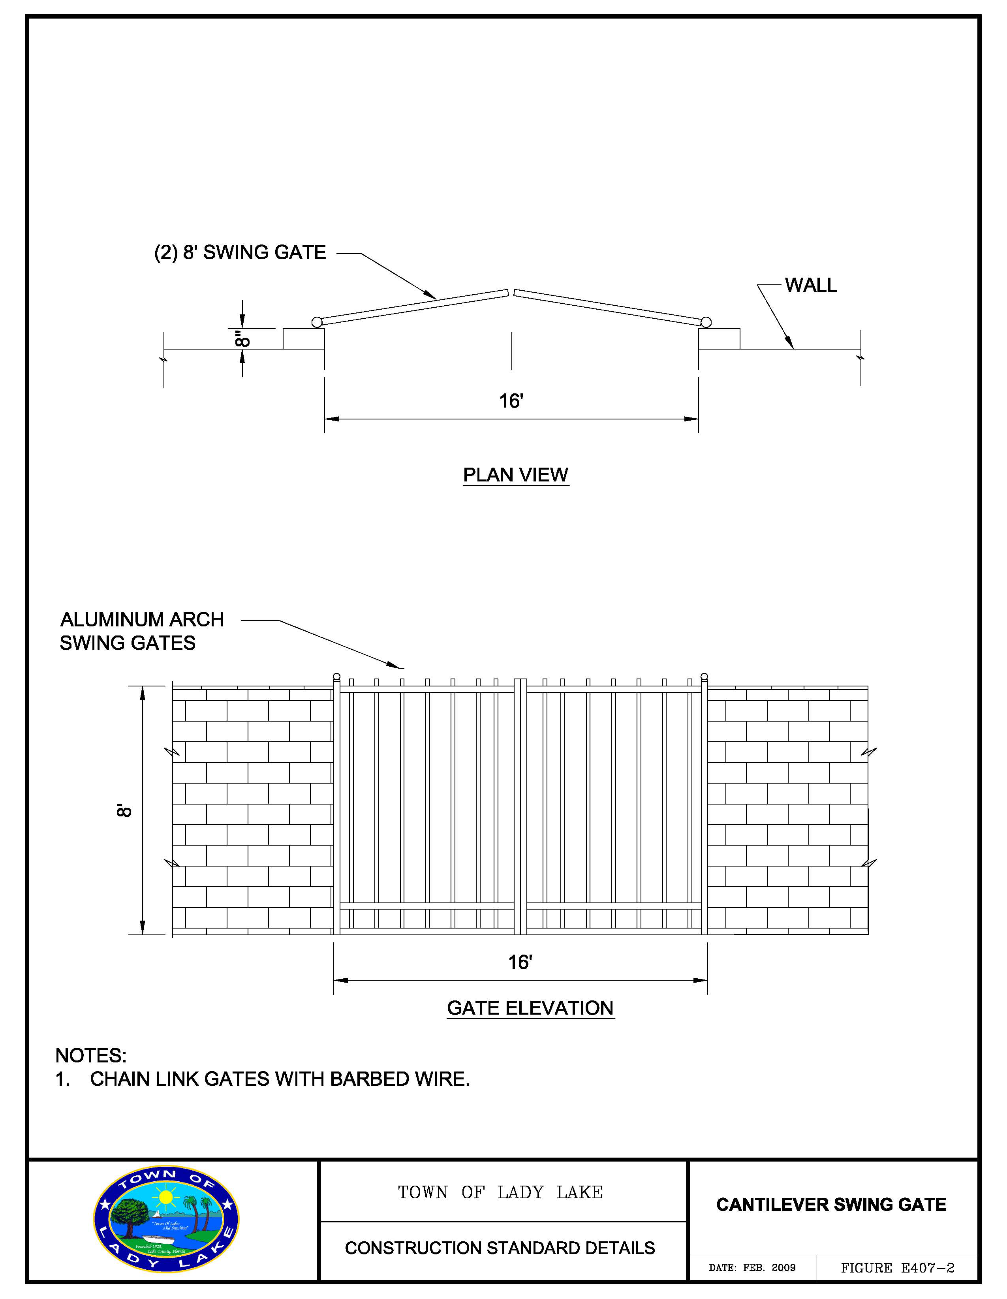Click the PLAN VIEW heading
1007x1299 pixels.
[x=515, y=475]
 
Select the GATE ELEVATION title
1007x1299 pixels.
[x=530, y=1008]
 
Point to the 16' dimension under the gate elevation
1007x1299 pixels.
[x=520, y=963]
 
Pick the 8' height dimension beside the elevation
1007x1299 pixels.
[x=124, y=811]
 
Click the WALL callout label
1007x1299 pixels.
[x=811, y=286]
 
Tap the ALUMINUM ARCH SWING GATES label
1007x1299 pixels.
[x=141, y=631]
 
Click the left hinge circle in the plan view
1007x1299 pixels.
[x=317, y=322]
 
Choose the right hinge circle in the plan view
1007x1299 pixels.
[x=706, y=322]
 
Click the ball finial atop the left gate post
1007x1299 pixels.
[x=337, y=676]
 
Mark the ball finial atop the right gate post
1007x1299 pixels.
[x=704, y=676]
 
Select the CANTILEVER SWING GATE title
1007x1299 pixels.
[x=831, y=1205]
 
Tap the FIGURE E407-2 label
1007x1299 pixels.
[x=898, y=1268]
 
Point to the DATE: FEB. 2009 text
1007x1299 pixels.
[x=752, y=1268]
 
